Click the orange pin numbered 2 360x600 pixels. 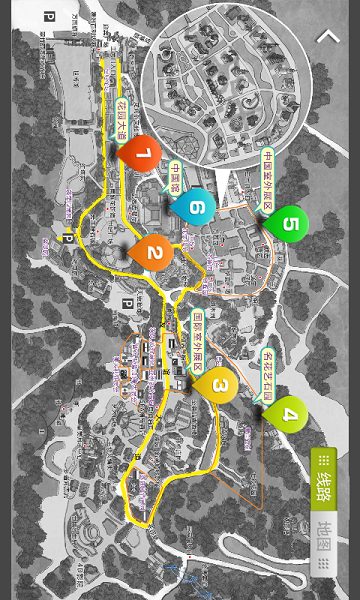153,251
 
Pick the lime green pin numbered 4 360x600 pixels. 289,411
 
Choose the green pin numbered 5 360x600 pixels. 289,222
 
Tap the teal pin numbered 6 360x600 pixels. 196,207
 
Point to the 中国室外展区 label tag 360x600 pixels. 267,180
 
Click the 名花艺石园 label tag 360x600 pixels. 267,372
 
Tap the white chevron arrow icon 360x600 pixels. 328,37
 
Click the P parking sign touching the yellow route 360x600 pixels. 68,235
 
